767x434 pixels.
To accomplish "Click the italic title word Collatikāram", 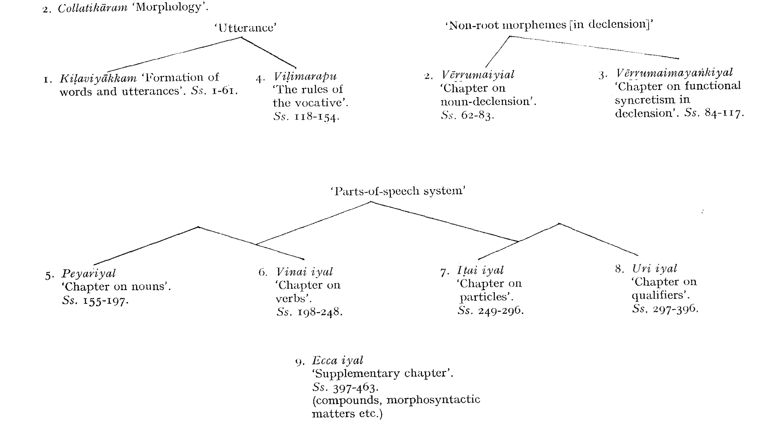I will pos(92,8).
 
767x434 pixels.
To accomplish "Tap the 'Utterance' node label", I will pos(246,28).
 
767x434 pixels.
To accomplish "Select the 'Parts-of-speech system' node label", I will pos(398,191).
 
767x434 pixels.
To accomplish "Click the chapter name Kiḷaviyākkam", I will pos(98,78).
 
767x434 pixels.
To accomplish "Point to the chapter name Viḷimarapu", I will pos(305,76).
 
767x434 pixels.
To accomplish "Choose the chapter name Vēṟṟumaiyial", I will pos(478,75).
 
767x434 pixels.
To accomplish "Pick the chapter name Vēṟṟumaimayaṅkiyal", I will pos(674,73).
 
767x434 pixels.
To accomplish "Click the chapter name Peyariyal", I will pos(88,273).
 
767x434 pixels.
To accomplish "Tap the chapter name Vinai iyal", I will pos(304,272).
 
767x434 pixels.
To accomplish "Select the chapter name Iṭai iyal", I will pos(480,270).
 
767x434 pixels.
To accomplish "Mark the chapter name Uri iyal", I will pos(655,268).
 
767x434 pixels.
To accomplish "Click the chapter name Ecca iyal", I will pos(337,360).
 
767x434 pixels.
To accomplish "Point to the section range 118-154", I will pos(316,117).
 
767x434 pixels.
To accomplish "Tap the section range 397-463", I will pos(356,388).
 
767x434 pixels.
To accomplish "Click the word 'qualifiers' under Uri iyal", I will pos(660,295).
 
